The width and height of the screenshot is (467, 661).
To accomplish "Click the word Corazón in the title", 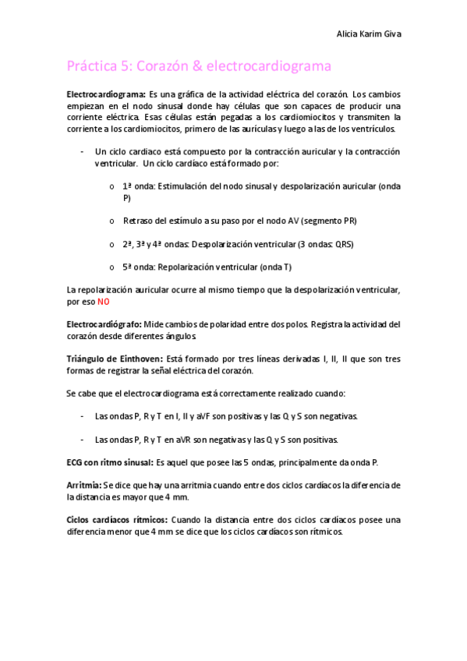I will [x=167, y=67].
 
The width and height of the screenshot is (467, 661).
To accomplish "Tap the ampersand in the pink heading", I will [x=199, y=67].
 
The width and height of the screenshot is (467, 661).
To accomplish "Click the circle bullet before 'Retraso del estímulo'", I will [x=113, y=221].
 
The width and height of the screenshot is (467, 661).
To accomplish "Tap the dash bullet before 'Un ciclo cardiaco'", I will [x=83, y=151].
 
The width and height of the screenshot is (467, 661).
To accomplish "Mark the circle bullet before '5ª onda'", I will [x=113, y=267].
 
